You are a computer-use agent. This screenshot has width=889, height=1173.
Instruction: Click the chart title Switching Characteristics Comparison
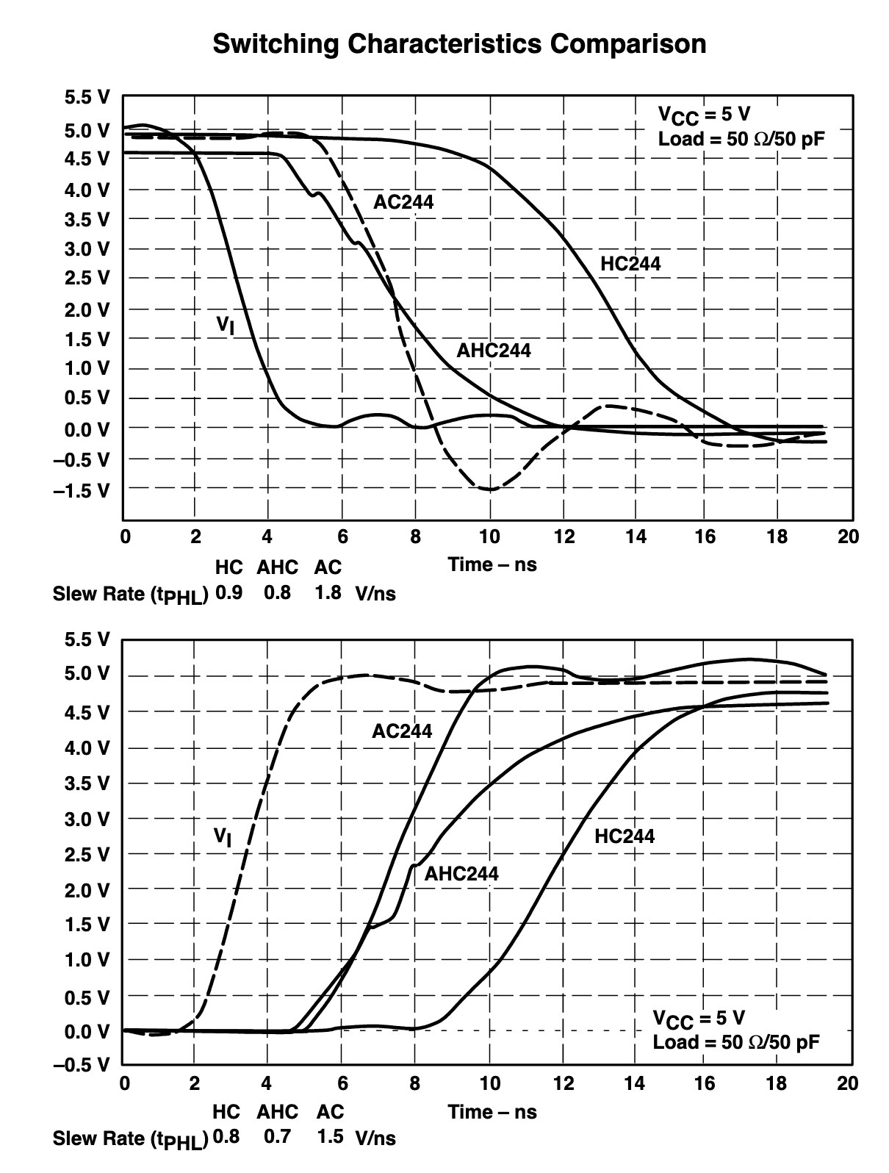[459, 43]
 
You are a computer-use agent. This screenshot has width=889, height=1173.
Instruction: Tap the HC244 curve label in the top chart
[630, 264]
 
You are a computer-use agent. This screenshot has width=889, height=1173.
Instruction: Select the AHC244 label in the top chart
[493, 350]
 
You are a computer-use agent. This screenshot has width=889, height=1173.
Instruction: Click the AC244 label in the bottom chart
[402, 731]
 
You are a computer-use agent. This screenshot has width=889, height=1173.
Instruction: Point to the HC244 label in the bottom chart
[625, 836]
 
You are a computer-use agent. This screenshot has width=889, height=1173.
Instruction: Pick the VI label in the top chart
[226, 324]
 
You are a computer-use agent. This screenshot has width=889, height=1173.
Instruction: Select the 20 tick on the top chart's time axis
[848, 537]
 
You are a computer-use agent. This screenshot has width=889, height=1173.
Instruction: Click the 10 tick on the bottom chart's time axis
[489, 1083]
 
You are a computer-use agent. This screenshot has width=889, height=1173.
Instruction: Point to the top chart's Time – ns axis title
[492, 564]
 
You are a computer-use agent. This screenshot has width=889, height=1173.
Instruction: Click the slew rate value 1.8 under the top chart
[328, 592]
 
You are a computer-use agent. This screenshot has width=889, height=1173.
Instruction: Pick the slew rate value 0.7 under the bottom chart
[277, 1137]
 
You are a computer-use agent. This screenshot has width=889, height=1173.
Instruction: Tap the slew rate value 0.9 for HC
[228, 592]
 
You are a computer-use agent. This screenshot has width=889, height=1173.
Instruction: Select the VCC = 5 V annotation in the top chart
[704, 115]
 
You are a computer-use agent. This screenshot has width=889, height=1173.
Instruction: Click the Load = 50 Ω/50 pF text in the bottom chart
[736, 1042]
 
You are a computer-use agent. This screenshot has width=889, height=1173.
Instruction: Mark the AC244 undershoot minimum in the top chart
[489, 489]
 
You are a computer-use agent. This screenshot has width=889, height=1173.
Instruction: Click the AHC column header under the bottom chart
[277, 1112]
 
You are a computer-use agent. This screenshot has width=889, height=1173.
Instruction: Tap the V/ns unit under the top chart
[375, 594]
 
